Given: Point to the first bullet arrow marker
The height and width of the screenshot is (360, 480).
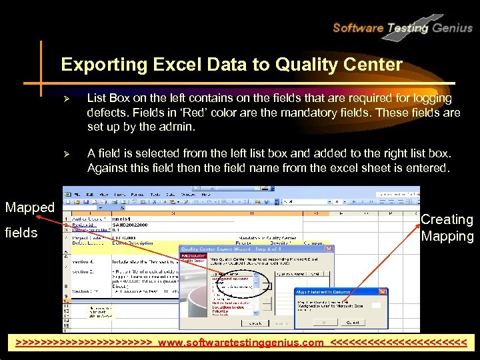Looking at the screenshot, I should [x=66, y=99].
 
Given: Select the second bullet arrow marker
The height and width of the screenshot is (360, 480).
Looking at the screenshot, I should [x=66, y=154].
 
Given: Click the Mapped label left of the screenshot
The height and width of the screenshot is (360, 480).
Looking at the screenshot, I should [x=29, y=207].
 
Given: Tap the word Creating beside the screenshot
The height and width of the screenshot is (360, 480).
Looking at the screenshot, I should [x=447, y=219].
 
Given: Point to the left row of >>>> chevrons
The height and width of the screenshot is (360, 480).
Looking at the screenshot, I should [x=87, y=343].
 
